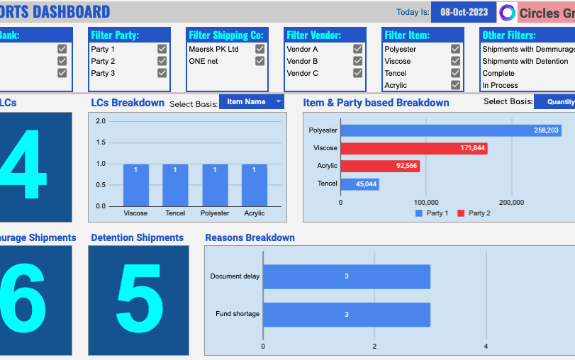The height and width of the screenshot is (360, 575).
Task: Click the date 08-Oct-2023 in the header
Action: coord(464,12)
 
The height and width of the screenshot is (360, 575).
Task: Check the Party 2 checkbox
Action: coord(162,61)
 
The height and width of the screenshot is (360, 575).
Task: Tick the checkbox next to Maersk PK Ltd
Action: coord(259,49)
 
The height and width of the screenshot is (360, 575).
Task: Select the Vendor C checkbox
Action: coord(357,73)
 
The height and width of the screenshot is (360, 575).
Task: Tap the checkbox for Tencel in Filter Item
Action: coord(455,73)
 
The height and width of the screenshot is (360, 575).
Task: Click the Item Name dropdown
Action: coord(251,102)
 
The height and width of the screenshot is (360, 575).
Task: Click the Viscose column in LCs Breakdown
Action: coord(136,185)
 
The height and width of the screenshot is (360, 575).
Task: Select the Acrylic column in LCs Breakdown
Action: coord(254,185)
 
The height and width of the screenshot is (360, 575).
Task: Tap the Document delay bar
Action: coord(347,276)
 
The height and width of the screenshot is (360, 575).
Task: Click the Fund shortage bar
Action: coord(347,314)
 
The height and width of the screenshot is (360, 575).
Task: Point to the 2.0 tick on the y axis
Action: coord(100,121)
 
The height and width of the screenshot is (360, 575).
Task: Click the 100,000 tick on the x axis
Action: coord(425,203)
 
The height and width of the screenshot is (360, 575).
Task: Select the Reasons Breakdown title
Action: coord(250,237)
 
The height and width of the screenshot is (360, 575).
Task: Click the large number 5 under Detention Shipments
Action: coord(139,301)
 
